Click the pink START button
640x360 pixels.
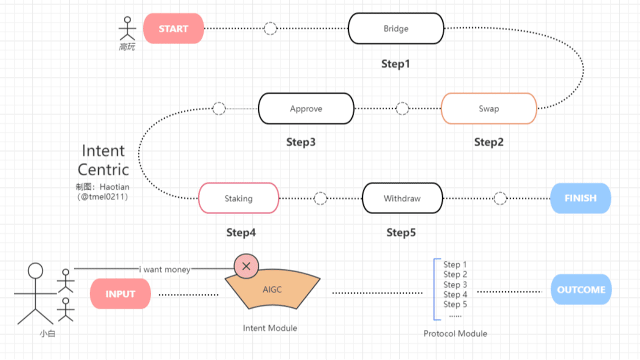tap(173, 28)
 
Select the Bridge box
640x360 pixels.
tap(396, 28)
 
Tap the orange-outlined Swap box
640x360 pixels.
tap(488, 108)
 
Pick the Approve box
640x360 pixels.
tap(306, 108)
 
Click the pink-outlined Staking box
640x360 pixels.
tap(238, 198)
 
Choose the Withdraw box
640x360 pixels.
tap(402, 198)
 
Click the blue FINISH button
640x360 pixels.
tap(580, 198)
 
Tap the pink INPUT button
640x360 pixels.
tap(120, 294)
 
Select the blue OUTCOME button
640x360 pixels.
tap(581, 289)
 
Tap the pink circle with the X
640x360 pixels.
tap(246, 266)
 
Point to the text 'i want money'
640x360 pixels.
tap(164, 269)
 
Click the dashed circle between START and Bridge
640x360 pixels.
tap(270, 28)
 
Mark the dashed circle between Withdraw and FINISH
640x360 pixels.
tap(500, 198)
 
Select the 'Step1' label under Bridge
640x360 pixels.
tap(395, 64)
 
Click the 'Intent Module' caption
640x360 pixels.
tap(270, 328)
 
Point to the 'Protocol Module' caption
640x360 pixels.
tap(455, 333)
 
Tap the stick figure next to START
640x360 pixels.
tap(127, 30)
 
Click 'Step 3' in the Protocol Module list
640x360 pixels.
tap(455, 284)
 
